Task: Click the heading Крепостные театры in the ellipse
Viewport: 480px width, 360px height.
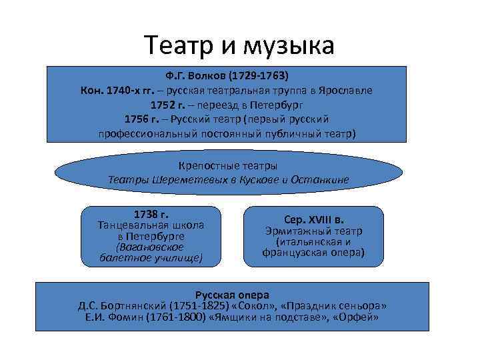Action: (228, 165)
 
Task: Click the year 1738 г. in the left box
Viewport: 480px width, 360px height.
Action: (151, 215)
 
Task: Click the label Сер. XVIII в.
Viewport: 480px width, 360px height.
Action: (313, 219)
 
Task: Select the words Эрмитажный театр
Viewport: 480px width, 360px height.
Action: (313, 231)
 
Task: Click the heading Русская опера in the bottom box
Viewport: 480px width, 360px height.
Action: (231, 294)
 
